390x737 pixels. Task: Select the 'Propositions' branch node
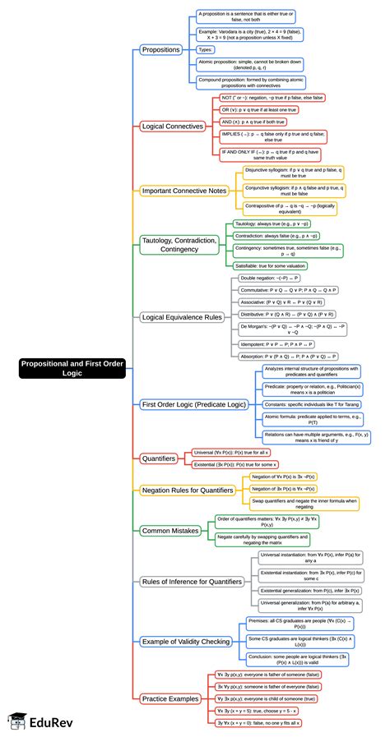point(160,49)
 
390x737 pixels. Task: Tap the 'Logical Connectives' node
point(172,127)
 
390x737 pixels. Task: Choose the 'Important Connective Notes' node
point(183,191)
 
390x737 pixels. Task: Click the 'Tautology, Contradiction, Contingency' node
point(179,245)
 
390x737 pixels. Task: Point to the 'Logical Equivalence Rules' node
point(182,316)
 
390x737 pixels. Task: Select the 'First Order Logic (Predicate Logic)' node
point(193,404)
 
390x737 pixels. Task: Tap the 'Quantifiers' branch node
point(159,458)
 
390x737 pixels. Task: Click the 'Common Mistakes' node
point(169,531)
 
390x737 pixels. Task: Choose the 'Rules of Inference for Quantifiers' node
point(191,582)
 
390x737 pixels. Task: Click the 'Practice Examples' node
point(169,698)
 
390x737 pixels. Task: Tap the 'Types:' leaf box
point(206,49)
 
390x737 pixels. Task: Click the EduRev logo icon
point(14,721)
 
